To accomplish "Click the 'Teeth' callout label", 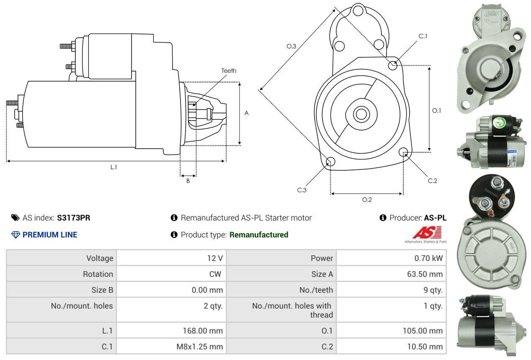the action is click(x=229, y=71).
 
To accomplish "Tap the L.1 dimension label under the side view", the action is click(x=113, y=167).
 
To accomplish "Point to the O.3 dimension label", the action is click(x=291, y=46).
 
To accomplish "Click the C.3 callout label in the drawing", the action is click(x=302, y=190).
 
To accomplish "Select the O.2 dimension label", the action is click(x=367, y=200).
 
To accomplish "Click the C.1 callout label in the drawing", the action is click(x=423, y=36).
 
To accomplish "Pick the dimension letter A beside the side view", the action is click(x=247, y=113).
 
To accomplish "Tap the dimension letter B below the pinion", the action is click(x=188, y=181).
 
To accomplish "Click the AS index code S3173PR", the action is click(x=73, y=218).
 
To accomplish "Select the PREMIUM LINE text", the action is click(x=50, y=235).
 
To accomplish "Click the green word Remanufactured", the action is click(x=259, y=235).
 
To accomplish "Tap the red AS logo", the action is click(x=427, y=232).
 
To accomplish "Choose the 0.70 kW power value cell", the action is click(x=391, y=258).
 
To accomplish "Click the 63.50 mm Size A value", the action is click(x=425, y=274).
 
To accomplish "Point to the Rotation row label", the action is click(x=98, y=274).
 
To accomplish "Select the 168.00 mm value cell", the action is click(x=171, y=331).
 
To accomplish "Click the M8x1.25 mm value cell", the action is click(x=171, y=347).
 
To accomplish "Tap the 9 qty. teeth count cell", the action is click(x=391, y=290).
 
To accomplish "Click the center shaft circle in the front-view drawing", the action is click(x=361, y=114).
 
